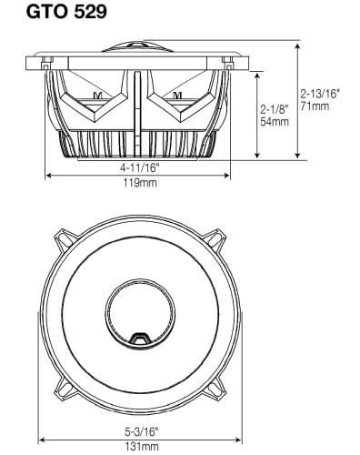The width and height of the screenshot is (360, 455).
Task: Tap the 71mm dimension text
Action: [x=315, y=106]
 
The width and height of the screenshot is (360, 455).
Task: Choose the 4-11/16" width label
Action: [x=136, y=167]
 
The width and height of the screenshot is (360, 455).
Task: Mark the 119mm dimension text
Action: [x=136, y=182]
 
